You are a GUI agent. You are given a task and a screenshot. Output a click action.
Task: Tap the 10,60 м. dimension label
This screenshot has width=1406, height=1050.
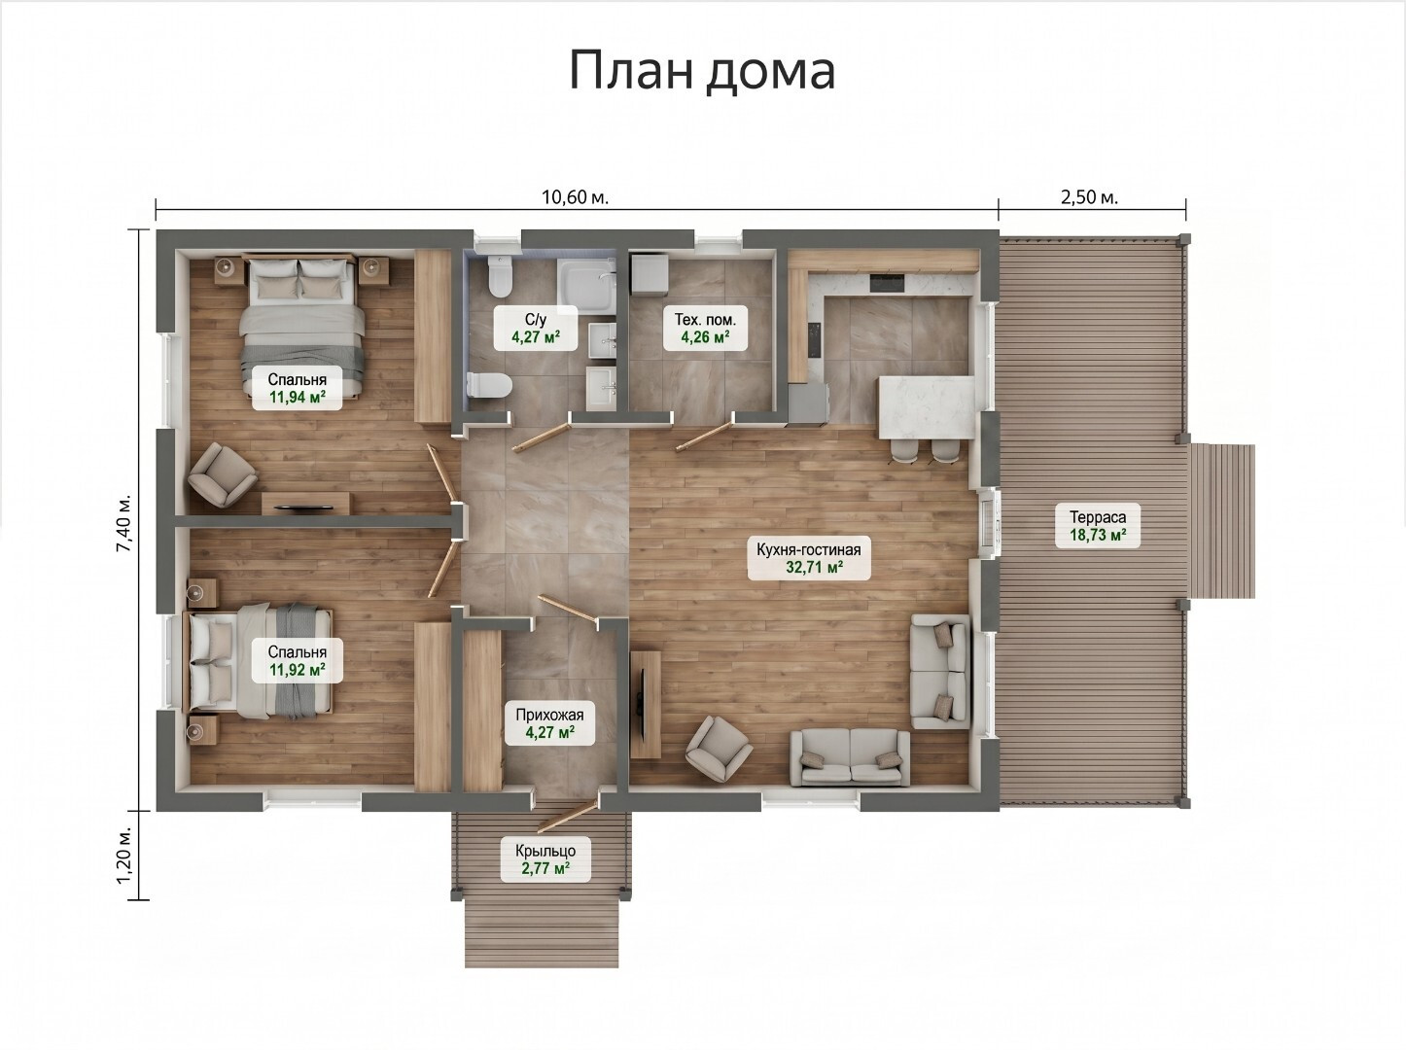click(576, 197)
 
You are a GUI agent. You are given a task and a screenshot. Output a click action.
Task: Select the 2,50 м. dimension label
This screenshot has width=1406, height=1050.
click(1090, 197)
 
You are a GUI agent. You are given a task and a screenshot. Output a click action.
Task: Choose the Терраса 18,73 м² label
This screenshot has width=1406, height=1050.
click(1097, 526)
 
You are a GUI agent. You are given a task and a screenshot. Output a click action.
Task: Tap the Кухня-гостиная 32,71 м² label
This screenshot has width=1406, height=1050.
click(809, 558)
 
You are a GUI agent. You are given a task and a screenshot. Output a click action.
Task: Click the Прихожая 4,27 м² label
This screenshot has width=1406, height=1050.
click(549, 722)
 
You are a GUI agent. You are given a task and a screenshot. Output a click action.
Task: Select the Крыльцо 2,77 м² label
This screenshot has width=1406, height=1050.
click(545, 859)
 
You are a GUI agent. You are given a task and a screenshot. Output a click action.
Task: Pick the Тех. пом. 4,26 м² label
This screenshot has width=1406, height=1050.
click(705, 328)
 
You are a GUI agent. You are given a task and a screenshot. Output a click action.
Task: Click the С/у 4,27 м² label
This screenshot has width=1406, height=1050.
click(536, 328)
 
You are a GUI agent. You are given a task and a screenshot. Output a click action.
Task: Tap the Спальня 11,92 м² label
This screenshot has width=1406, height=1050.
click(297, 661)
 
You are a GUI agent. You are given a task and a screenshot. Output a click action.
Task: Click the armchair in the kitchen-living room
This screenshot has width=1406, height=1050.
click(719, 749)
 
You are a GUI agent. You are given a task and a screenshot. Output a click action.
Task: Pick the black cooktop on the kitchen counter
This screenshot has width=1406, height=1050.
click(887, 282)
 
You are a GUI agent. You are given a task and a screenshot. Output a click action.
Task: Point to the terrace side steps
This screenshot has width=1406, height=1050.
click(1222, 521)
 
